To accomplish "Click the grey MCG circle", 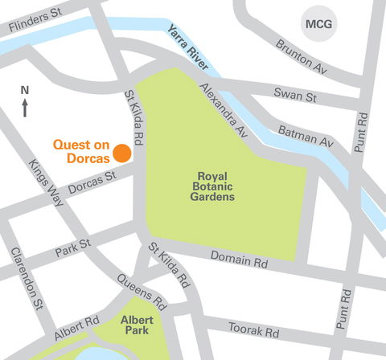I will click(317, 24).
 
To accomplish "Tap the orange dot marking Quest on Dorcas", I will click(122, 153).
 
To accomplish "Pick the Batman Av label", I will click(306, 135).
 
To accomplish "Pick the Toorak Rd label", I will click(253, 330).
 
